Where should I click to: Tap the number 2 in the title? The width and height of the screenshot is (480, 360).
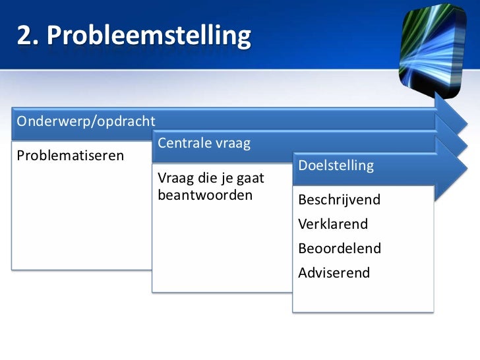[25, 37]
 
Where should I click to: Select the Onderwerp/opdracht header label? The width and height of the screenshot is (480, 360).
[86, 121]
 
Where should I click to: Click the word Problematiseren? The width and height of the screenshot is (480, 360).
[70, 156]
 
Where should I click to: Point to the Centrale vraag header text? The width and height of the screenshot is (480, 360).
[204, 142]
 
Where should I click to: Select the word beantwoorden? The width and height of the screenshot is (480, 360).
[205, 195]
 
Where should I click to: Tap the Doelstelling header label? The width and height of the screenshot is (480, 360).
[336, 165]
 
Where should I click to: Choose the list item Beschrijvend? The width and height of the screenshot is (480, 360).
[340, 200]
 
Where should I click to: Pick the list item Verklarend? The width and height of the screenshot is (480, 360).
[333, 224]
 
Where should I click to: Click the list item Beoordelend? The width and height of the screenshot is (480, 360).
[340, 249]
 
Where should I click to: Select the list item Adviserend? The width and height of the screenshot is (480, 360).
[334, 273]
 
